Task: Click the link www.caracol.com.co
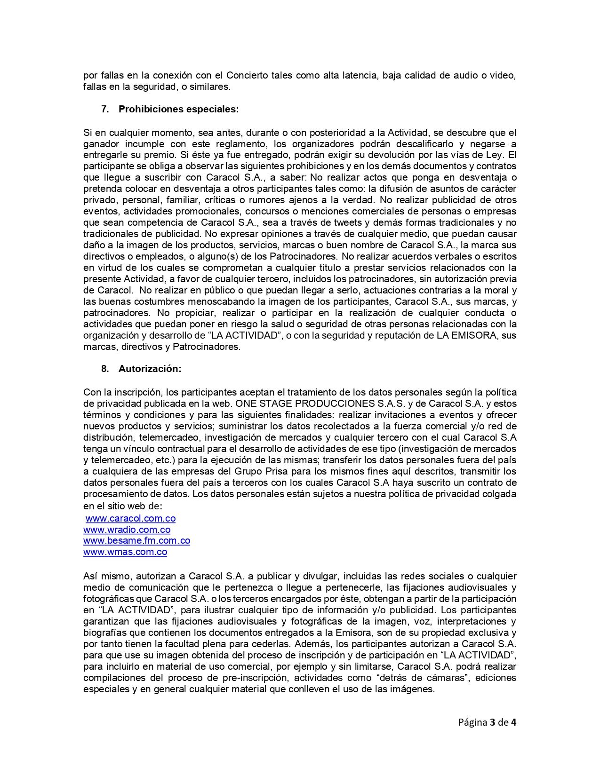point(130,518)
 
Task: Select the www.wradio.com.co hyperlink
point(127,530)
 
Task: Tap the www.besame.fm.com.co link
point(136,541)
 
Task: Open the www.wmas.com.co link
point(125,552)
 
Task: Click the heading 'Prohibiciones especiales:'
point(178,109)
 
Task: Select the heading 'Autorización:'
point(150,369)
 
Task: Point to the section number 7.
point(104,109)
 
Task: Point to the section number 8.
point(104,369)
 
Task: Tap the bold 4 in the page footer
point(514,722)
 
